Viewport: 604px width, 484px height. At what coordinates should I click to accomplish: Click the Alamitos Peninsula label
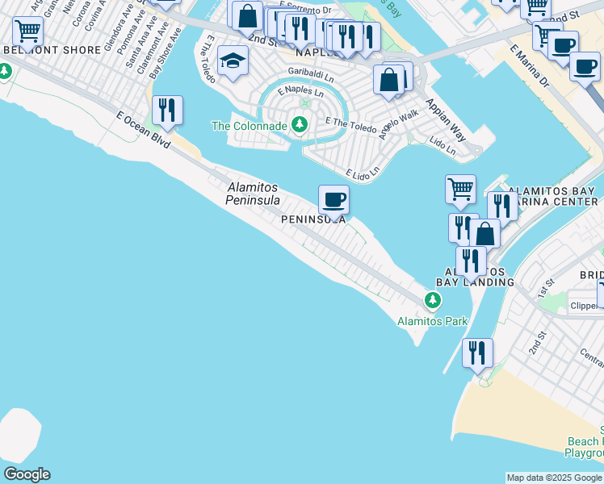[253, 194]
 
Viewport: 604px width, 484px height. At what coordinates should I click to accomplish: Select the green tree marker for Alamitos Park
[433, 301]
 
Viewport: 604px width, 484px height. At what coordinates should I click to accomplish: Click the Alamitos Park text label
[432, 321]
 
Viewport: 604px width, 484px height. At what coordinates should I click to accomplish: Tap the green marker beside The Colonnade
[300, 124]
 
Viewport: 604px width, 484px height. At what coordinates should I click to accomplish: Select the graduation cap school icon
[233, 61]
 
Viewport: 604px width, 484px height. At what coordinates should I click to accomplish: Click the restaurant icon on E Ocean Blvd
[167, 111]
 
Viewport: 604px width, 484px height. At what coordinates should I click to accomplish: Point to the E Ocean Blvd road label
[144, 130]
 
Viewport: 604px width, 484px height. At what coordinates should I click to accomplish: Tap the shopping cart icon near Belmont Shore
[27, 32]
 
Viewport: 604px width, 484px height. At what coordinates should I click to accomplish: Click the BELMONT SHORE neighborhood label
[52, 50]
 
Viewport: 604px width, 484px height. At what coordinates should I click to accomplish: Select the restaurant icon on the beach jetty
[477, 353]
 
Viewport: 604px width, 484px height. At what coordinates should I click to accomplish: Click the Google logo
[26, 474]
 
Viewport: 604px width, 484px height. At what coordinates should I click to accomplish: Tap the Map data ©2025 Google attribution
[554, 478]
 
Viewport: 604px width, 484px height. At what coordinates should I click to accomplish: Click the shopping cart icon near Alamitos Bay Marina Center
[460, 190]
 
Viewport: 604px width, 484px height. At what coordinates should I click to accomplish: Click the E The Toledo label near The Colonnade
[350, 125]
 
